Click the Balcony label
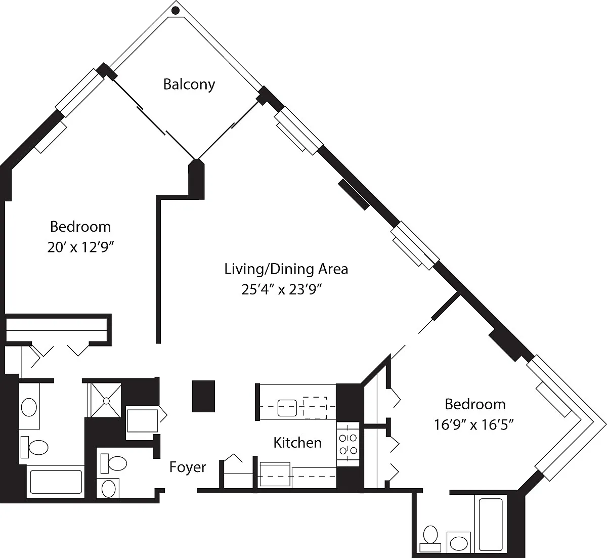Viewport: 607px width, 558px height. click(189, 84)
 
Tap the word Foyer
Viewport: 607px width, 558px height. click(188, 467)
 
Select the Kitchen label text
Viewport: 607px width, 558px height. click(297, 443)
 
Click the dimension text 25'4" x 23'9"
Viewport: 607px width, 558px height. click(281, 290)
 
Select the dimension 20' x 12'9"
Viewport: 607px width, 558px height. click(80, 247)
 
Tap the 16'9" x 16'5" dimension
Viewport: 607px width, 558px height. click(474, 425)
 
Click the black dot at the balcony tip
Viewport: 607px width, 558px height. click(176, 11)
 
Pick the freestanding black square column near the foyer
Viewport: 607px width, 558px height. click(203, 396)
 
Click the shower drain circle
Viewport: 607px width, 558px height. click(106, 401)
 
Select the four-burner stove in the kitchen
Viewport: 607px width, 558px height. click(348, 444)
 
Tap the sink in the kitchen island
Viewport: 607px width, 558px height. click(287, 408)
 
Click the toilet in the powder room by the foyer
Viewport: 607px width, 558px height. click(114, 463)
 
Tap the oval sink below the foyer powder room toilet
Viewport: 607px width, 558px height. click(108, 488)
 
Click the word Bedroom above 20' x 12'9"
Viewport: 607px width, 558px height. click(80, 227)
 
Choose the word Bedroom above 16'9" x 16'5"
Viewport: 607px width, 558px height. click(475, 405)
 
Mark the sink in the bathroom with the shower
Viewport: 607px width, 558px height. click(29, 407)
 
